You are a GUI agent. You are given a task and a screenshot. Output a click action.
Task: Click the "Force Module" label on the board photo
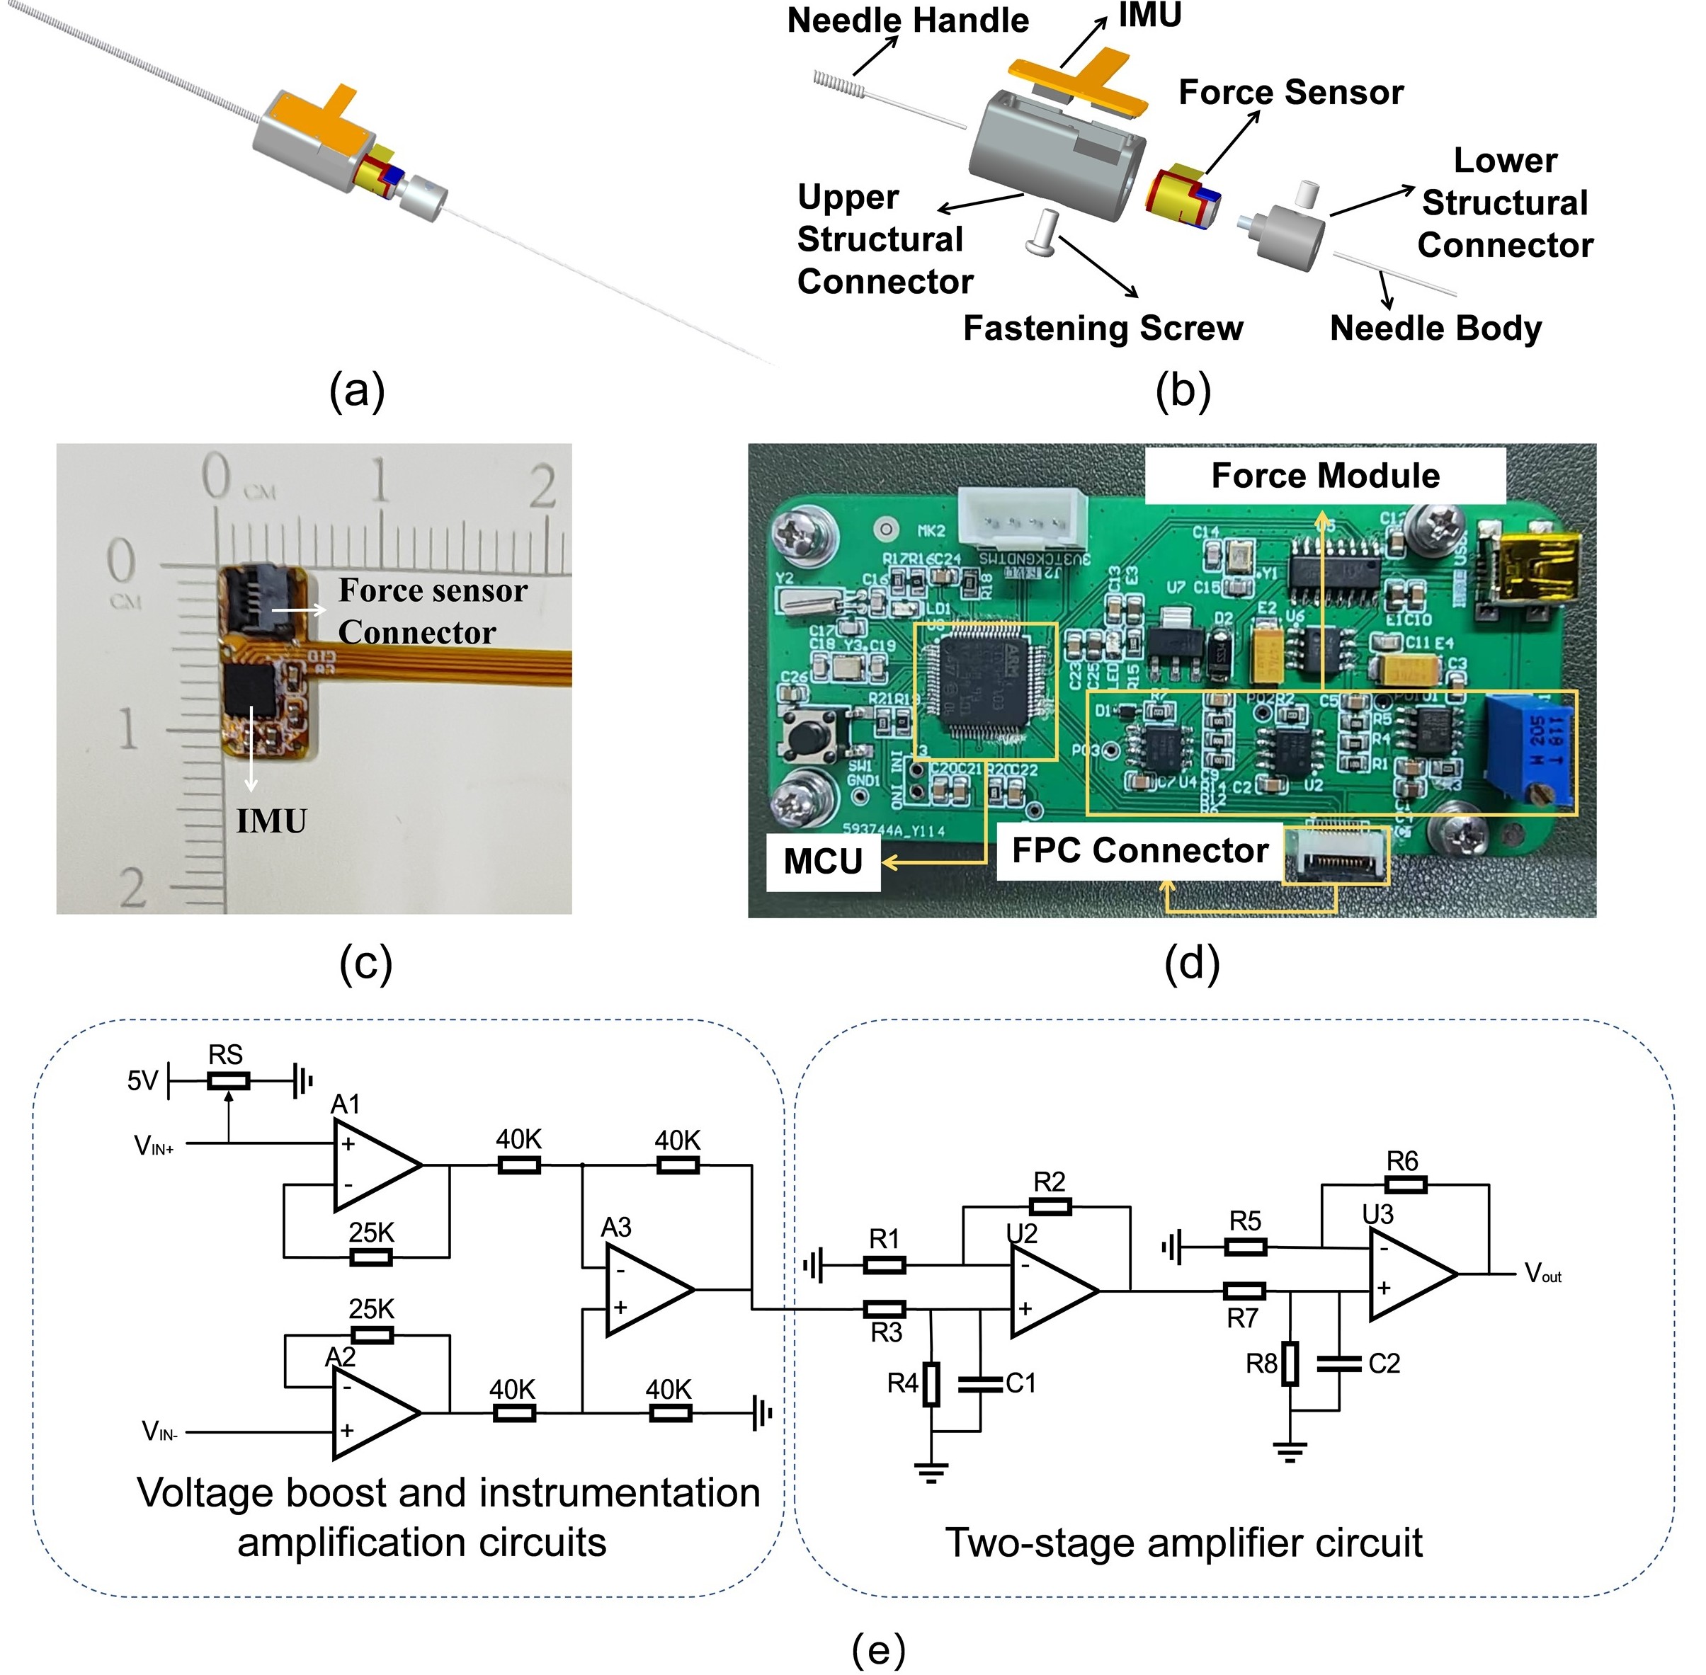tap(1324, 476)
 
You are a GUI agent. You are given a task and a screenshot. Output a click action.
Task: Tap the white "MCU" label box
tap(823, 862)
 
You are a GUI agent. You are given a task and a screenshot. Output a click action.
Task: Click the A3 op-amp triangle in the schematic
tap(647, 1290)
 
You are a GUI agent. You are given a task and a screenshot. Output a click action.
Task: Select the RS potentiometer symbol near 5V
tap(228, 1081)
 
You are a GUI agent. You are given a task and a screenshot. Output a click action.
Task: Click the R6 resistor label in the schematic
tap(1402, 1161)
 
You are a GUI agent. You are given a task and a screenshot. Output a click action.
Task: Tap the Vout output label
tap(1542, 1273)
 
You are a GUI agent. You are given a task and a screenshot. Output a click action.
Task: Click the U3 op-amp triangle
tap(1411, 1273)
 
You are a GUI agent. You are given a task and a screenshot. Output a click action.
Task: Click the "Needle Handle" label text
tap(907, 21)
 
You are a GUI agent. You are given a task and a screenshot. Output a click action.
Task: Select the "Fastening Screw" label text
tap(1103, 328)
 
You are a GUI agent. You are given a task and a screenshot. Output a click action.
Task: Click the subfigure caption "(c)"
tap(365, 964)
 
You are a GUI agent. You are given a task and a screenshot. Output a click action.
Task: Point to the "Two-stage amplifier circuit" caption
tap(1183, 1543)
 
